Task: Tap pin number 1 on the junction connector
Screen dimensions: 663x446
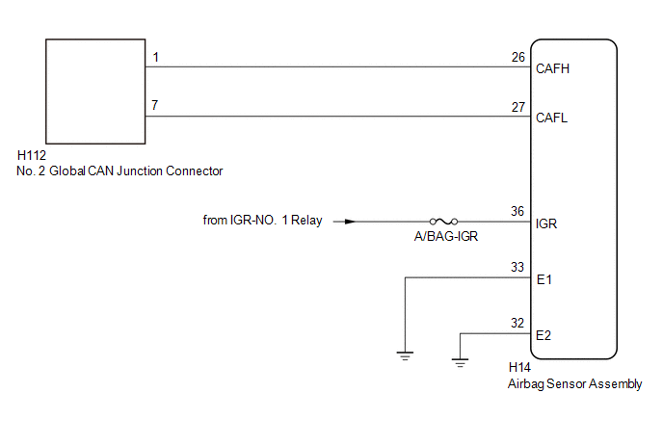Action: coord(156,57)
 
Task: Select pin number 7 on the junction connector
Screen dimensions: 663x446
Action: coord(155,105)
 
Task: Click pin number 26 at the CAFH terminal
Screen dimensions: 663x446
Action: coord(518,57)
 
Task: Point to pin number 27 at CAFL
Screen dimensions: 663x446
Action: coord(518,107)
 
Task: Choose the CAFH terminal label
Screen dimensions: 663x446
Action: coord(552,68)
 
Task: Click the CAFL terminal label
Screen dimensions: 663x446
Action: coord(551,118)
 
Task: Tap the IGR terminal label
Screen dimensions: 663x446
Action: coord(545,223)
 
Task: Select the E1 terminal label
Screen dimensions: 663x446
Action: coord(544,279)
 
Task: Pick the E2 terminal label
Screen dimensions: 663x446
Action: coord(544,335)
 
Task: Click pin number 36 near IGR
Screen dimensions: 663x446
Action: coord(517,211)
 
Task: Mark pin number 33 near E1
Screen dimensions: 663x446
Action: coord(517,267)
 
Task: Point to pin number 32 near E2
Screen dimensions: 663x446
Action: coord(517,323)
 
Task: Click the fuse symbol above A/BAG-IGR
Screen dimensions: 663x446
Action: coord(443,222)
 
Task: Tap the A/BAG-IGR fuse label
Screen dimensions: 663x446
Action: coord(446,236)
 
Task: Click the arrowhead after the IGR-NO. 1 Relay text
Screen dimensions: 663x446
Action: coord(350,222)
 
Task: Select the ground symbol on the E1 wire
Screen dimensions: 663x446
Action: coord(405,355)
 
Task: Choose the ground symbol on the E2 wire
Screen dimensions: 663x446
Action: coord(460,363)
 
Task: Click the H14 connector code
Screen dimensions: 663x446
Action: coord(519,367)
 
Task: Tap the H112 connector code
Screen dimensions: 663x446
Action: coord(32,155)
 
